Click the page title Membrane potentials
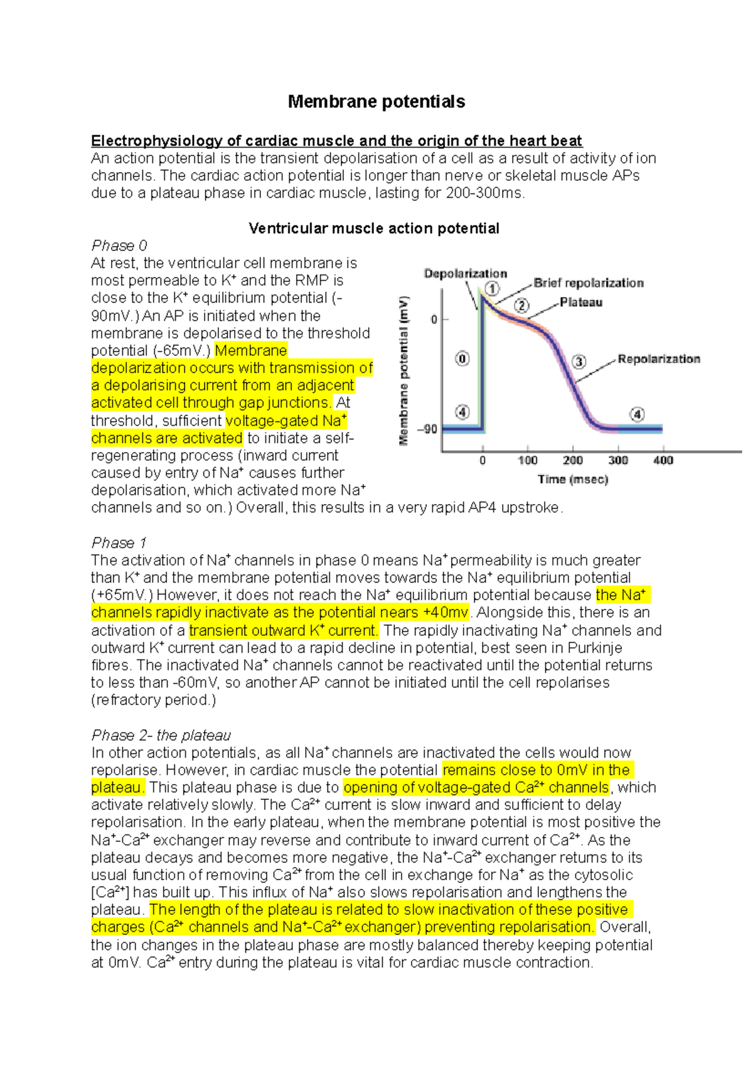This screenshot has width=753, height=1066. [376, 102]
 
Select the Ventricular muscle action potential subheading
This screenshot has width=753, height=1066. [374, 229]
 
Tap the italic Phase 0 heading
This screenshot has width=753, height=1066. [119, 245]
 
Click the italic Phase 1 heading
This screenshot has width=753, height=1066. [119, 542]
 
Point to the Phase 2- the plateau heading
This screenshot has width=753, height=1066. [161, 735]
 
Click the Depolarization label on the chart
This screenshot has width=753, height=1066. [465, 274]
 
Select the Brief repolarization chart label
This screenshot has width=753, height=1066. [589, 283]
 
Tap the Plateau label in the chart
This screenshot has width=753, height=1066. [581, 303]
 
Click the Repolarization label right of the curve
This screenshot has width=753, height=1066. [659, 359]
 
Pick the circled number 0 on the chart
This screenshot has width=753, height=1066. [462, 359]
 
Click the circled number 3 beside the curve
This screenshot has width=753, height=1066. [579, 362]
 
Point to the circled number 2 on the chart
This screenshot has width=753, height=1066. [522, 306]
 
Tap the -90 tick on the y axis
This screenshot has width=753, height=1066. [428, 430]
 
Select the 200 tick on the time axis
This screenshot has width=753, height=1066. [572, 461]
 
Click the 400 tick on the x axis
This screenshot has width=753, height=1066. [663, 461]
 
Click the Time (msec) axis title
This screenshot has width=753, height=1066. [572, 480]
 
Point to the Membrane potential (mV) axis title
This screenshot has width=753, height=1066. [404, 370]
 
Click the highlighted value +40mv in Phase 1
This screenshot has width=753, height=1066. [446, 613]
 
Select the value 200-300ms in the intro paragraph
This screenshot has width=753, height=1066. [484, 193]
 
